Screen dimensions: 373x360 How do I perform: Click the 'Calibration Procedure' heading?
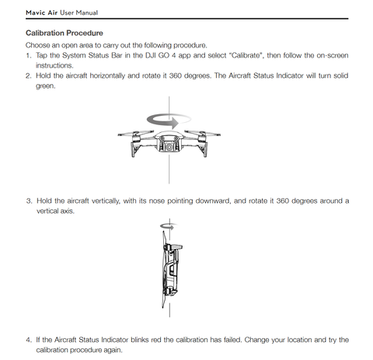pyautogui.click(x=64, y=33)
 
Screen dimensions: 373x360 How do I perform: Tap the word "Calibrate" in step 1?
pyautogui.click(x=246, y=55)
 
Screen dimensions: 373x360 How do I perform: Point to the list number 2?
pyautogui.click(x=28, y=76)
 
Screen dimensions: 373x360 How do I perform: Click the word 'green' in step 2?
pyautogui.click(x=45, y=86)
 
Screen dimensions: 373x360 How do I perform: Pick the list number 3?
pyautogui.click(x=29, y=201)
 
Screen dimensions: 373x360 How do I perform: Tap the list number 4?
pyautogui.click(x=29, y=340)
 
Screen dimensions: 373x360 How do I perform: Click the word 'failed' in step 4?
pyautogui.click(x=232, y=340)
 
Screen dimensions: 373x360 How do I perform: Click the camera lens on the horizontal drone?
pyautogui.click(x=169, y=147)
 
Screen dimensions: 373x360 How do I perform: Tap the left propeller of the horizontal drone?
pyautogui.click(x=136, y=134)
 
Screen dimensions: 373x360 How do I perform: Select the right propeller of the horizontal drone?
pyautogui.click(x=202, y=133)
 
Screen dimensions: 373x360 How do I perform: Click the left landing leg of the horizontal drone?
pyautogui.click(x=135, y=150)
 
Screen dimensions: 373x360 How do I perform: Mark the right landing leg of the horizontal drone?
pyautogui.click(x=203, y=150)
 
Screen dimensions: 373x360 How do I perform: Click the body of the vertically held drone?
pyautogui.click(x=171, y=270)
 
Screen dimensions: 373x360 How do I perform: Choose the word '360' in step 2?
pyautogui.click(x=176, y=76)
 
